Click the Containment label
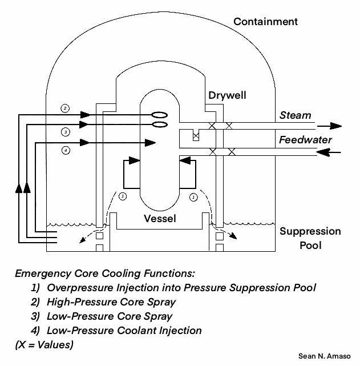point(266,22)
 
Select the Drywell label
point(227,95)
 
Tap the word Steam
point(295,115)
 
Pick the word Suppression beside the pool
point(310,231)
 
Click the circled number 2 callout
point(66,108)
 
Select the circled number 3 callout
point(66,132)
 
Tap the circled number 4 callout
point(66,151)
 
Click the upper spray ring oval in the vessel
point(160,114)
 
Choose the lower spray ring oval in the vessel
point(160,124)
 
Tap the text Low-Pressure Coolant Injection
point(124,330)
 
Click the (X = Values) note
point(45,344)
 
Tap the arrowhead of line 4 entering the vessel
point(151,141)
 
